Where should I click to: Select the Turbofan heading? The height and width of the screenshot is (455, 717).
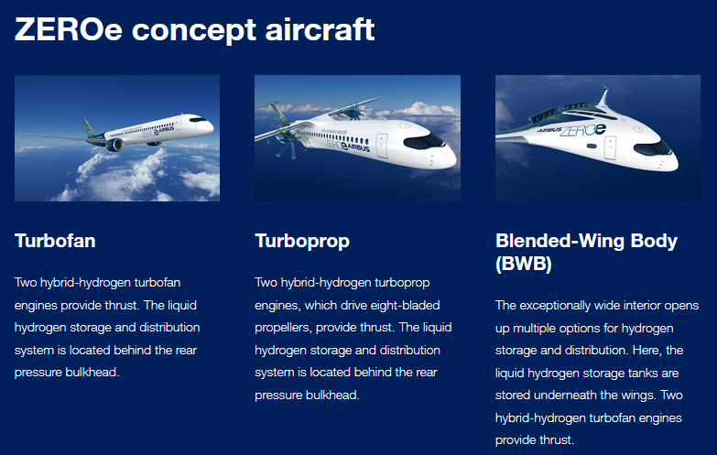(x=55, y=242)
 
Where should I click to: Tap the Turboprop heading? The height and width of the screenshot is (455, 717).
(x=302, y=242)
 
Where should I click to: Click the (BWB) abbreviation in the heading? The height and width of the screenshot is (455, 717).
(x=525, y=264)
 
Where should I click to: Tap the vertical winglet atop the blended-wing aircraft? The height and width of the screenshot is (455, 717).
(x=603, y=96)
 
